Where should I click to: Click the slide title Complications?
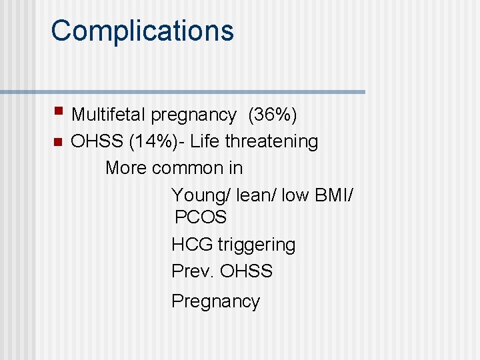[142, 31]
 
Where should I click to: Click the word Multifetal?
[108, 115]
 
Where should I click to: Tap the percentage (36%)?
[272, 115]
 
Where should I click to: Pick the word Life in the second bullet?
[203, 141]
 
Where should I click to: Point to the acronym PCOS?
[201, 217]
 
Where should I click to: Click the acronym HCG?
[192, 245]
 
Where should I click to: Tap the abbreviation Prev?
[193, 271]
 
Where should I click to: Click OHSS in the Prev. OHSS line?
[246, 271]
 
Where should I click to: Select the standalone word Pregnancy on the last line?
[215, 301]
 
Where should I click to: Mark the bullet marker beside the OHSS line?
[58, 141]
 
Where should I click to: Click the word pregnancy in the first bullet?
[193, 115]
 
